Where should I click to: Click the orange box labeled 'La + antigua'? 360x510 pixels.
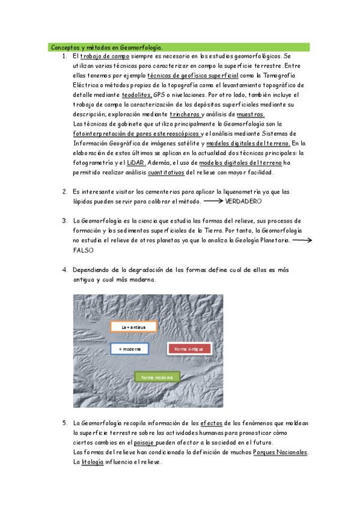133,327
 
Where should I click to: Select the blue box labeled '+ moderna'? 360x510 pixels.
130,349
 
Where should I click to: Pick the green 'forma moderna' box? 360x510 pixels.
157,377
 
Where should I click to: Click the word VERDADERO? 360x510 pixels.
243,201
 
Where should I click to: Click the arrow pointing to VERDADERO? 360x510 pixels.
213,201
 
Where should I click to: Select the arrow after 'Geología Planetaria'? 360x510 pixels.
302,240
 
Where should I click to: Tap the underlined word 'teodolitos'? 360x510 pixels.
136,95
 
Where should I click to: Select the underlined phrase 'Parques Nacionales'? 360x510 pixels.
281,452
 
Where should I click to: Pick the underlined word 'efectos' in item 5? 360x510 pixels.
214,423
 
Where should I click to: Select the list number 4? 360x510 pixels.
64,269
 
